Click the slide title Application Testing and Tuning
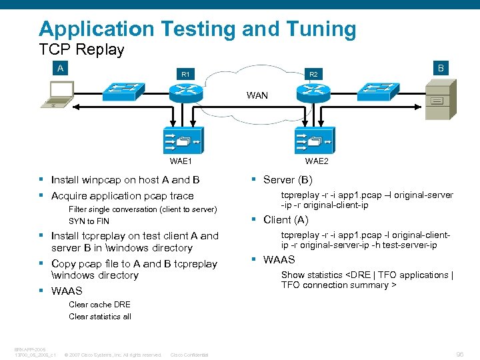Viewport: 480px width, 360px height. coord(197,29)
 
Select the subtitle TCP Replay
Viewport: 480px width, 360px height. coord(82,50)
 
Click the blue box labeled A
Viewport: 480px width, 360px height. coord(61,68)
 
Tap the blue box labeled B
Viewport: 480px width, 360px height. coord(441,68)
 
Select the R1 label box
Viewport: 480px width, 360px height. coord(185,74)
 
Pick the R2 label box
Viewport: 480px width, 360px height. coord(312,74)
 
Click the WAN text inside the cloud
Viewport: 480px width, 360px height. coord(257,95)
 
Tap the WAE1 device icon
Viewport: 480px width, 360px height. coord(181,141)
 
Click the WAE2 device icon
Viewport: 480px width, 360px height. coord(316,141)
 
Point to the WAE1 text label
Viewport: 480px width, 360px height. coord(181,161)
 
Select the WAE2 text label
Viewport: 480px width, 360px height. coord(317,161)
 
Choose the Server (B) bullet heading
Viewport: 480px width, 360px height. coord(287,180)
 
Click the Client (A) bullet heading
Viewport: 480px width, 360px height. coord(285,220)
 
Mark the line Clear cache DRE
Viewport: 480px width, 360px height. coord(99,305)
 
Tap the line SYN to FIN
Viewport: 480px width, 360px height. coord(89,221)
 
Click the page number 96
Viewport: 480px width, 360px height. coord(459,355)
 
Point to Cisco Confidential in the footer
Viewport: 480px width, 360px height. coord(189,355)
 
